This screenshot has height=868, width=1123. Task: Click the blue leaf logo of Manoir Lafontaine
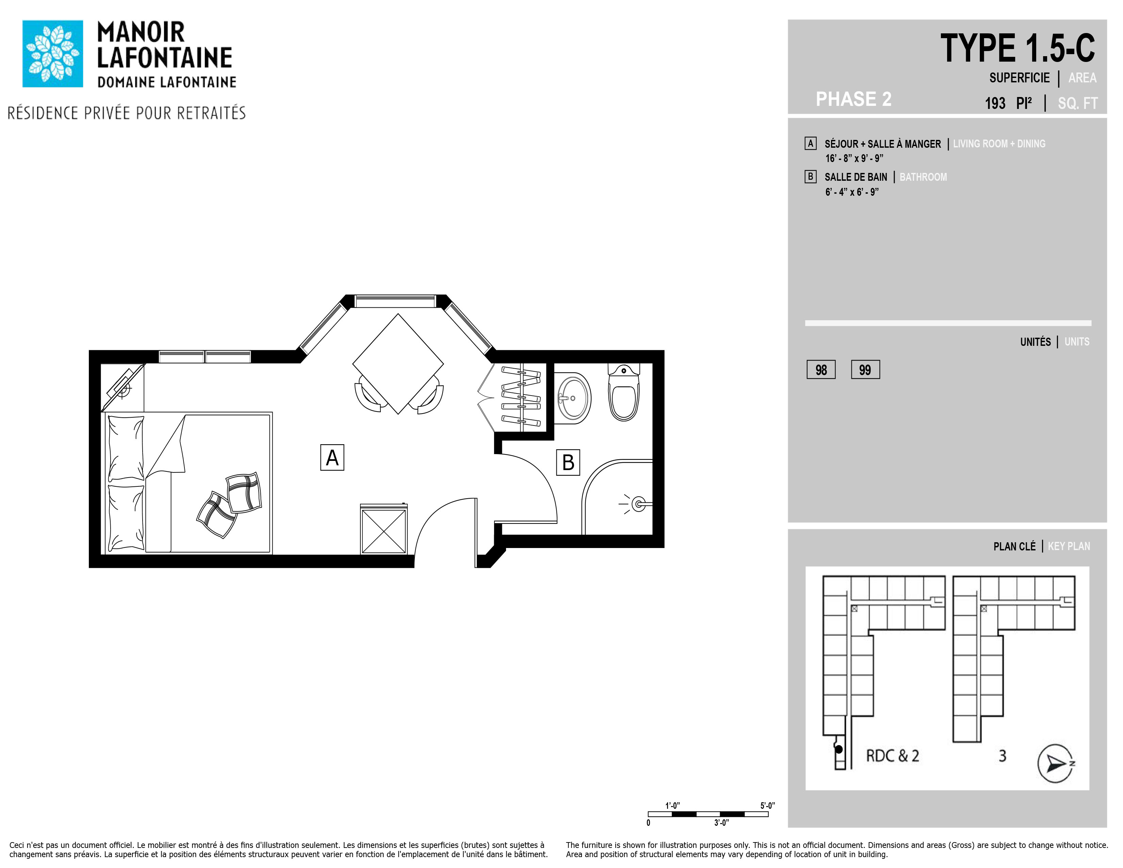coord(52,53)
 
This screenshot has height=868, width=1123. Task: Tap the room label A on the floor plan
coord(332,457)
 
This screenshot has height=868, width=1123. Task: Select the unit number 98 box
coord(821,370)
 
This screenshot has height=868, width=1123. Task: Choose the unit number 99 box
coord(865,370)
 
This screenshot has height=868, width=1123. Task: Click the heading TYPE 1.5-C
coord(1017,48)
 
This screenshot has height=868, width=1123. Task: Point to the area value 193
coord(995,103)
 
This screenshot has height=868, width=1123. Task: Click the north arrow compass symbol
coord(1056,763)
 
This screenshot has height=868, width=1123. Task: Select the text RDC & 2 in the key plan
coord(893,756)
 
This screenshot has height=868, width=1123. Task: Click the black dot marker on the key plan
coord(839,750)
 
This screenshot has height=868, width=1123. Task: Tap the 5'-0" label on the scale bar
coord(768,806)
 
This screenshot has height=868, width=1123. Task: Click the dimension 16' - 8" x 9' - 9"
coord(855,158)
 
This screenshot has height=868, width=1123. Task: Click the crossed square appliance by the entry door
coord(384,530)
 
